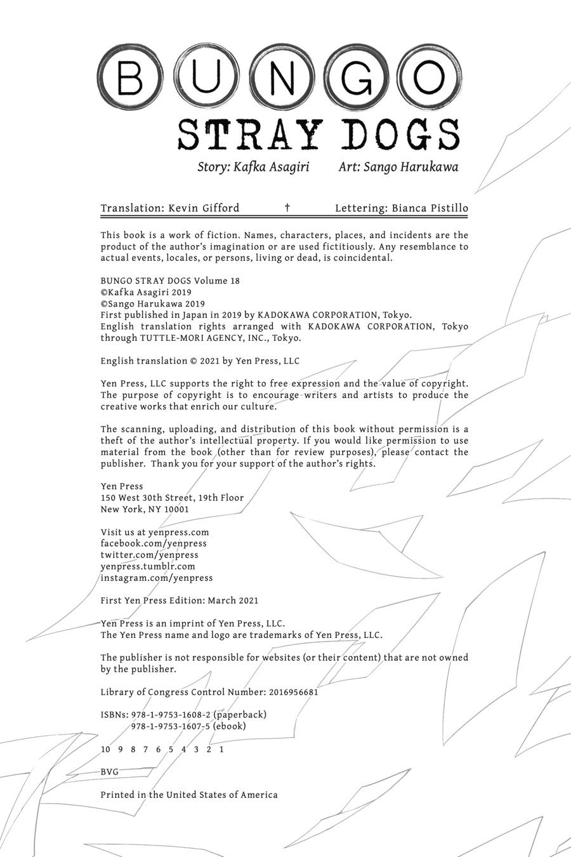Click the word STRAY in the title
pos(247,135)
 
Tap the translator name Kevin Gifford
pos(204,208)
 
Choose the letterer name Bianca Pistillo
pos(430,208)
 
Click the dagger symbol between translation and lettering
pos(287,208)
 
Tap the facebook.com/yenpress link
pos(154,543)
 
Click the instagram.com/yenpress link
pos(157,578)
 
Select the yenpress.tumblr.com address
pos(148,566)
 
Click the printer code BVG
pos(110,772)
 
